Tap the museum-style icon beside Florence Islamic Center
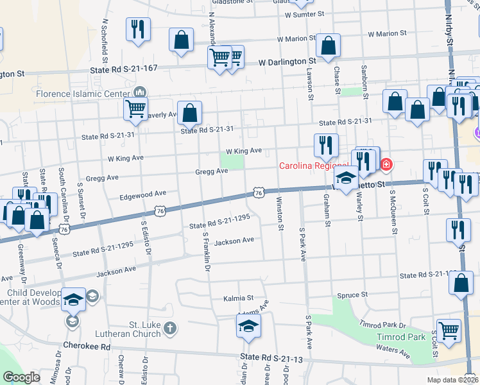[139, 94]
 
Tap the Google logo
[22, 377]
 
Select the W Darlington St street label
[289, 63]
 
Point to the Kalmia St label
[239, 298]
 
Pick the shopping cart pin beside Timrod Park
[449, 331]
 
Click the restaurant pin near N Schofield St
[138, 30]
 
